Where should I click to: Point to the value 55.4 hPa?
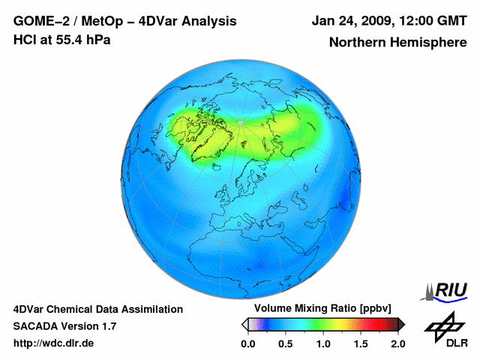82,40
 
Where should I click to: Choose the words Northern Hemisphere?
397,42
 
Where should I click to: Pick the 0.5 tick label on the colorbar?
285,343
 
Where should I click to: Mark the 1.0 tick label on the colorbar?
322,343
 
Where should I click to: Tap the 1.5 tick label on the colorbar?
360,343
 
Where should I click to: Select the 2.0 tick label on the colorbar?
397,343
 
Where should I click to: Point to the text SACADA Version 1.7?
64,326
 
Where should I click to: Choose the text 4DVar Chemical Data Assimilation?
98,309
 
